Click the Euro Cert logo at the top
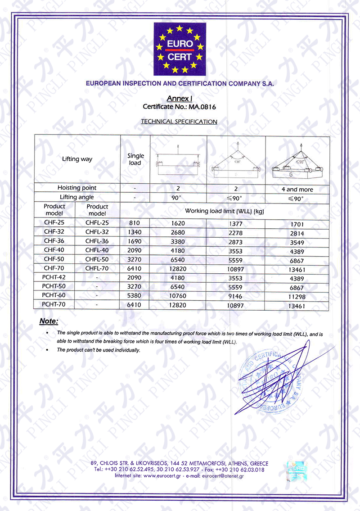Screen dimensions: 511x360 pos(179,49)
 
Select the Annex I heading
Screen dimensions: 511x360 pos(180,99)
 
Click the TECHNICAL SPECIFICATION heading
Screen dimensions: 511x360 pos(179,122)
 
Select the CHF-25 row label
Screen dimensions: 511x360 pos(54,222)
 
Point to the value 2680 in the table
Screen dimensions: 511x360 pos(179,233)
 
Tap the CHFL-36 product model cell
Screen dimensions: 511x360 pos(97,242)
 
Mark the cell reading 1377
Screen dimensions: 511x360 pos(236,222)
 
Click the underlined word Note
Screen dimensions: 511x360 pos(48,321)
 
